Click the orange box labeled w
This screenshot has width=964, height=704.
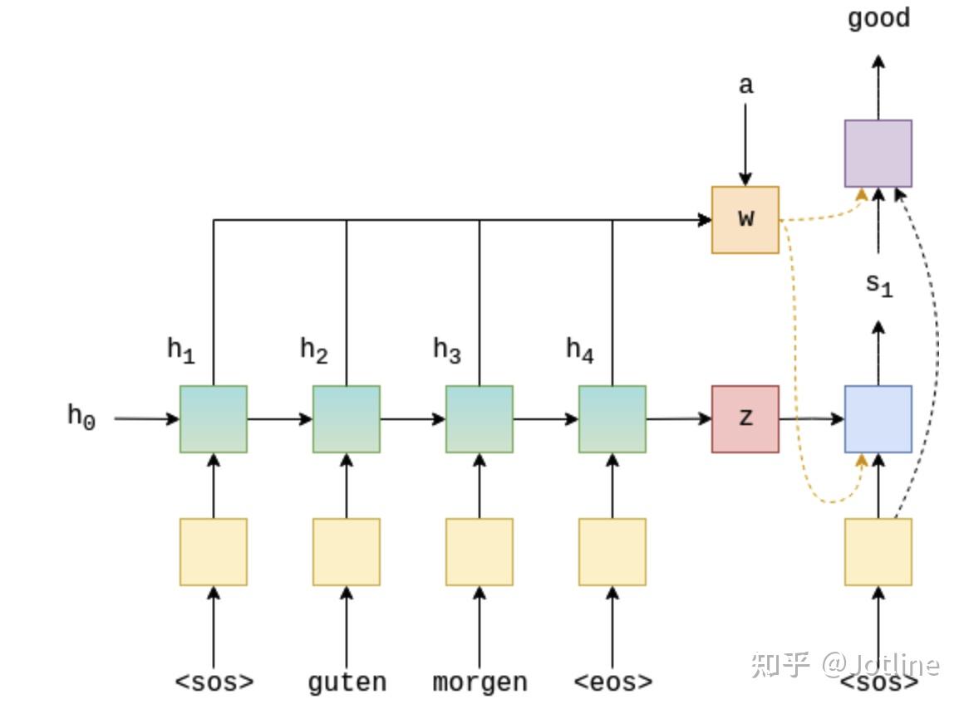point(745,220)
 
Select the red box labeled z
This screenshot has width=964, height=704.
point(745,419)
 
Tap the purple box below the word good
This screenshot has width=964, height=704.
point(878,154)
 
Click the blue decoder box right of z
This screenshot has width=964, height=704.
point(878,419)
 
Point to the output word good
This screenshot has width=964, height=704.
point(878,18)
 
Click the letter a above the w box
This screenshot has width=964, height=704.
point(745,85)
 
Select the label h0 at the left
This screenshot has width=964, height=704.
point(81,416)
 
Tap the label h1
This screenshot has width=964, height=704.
point(181,351)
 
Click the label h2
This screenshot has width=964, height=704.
point(314,351)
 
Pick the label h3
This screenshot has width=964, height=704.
point(447,351)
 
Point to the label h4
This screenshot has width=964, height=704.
point(580,351)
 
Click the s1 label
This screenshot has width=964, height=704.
point(878,285)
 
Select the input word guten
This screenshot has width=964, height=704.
point(347,682)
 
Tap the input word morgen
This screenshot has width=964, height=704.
point(480,682)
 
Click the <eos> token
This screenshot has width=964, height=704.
point(612,682)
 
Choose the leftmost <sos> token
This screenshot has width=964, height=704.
point(214,682)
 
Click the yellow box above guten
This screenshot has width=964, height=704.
point(347,552)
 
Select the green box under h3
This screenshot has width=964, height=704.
point(480,419)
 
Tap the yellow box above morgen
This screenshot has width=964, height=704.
point(480,552)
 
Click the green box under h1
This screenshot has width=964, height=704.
point(214,419)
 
